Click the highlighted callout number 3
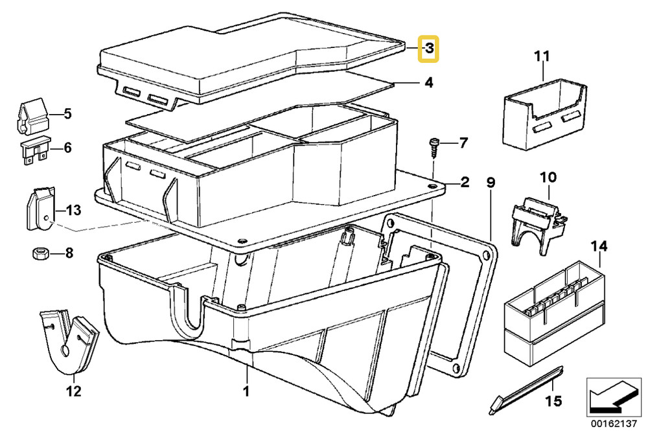click(429, 49)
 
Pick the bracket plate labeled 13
click(39, 209)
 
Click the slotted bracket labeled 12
click(67, 343)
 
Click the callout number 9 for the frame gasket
click(491, 183)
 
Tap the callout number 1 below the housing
click(246, 391)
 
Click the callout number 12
click(73, 391)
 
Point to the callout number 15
click(553, 402)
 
